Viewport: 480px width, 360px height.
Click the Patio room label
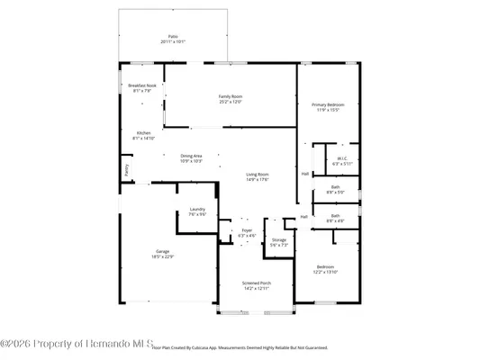click(173, 36)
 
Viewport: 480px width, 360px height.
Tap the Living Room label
click(258, 174)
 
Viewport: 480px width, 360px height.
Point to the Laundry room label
click(197, 208)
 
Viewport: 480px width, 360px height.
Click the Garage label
click(162, 251)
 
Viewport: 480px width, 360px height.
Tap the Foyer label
click(247, 229)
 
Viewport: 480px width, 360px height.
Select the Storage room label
click(278, 239)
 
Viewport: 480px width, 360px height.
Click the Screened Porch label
click(256, 283)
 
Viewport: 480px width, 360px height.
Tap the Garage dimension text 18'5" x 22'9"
click(162, 256)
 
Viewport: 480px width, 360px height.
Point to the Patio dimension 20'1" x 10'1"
click(173, 41)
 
